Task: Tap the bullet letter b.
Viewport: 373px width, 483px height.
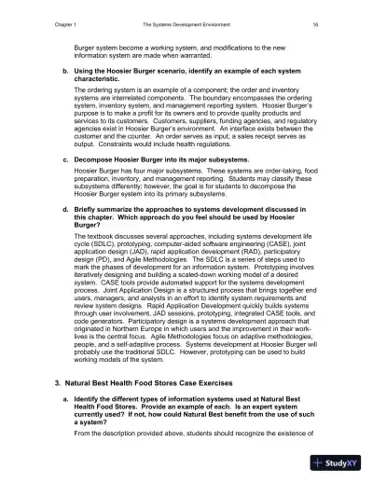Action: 64,71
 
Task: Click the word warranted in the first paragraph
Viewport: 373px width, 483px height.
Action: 220,54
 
